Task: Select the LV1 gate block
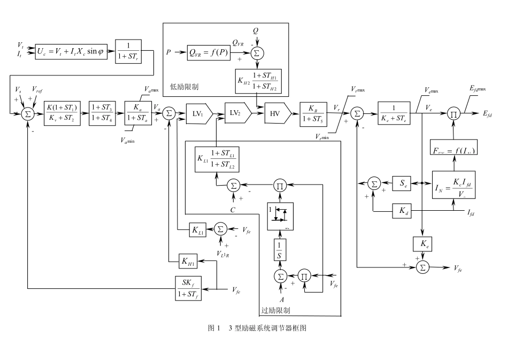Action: point(198,113)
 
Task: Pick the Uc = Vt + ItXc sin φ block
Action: point(72,51)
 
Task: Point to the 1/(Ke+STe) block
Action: point(394,113)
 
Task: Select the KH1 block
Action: point(188,262)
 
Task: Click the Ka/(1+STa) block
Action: point(138,113)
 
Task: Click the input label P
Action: point(169,53)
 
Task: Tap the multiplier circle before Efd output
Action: point(453,113)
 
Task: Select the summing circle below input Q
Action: point(256,53)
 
